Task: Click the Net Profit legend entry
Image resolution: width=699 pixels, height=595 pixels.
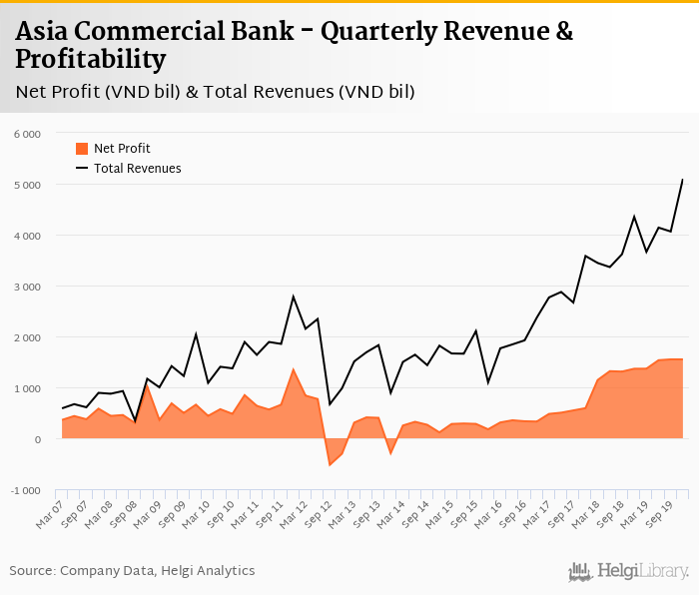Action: click(x=122, y=149)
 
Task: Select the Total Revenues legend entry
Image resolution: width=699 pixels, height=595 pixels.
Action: click(x=137, y=169)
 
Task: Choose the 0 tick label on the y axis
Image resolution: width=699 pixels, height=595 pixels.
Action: click(x=37, y=439)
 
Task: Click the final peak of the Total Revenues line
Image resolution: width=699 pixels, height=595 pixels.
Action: click(x=683, y=180)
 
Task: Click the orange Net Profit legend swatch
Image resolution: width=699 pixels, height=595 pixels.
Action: click(x=82, y=149)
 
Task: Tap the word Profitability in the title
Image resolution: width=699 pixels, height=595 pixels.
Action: click(x=90, y=60)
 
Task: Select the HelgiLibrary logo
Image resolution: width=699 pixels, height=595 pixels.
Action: click(x=629, y=571)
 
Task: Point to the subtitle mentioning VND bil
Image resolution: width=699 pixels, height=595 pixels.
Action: click(x=215, y=93)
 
